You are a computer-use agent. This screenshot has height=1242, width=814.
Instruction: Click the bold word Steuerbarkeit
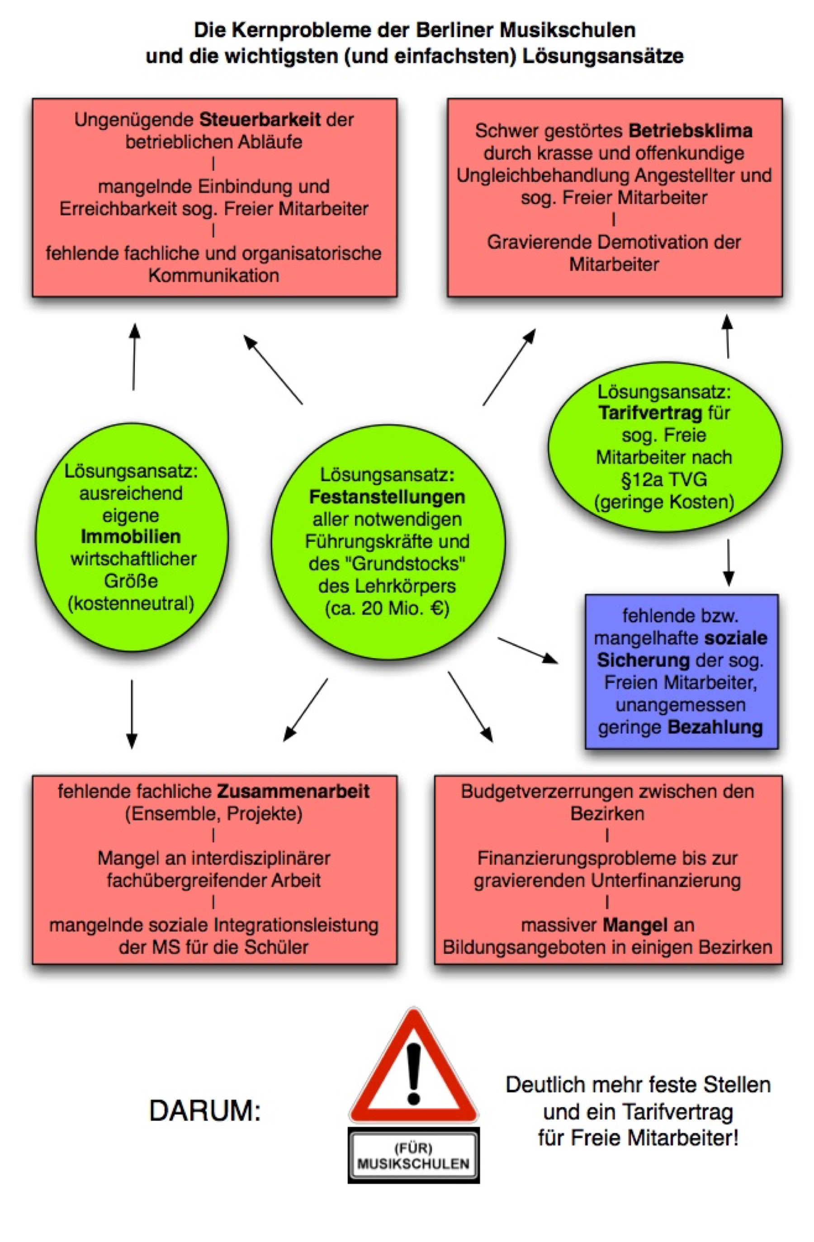[260, 119]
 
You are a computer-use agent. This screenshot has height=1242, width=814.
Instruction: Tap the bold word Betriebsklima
[690, 130]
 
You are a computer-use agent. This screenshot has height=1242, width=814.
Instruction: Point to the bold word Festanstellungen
[387, 497]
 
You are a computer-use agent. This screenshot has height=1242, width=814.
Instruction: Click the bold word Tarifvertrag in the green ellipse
[650, 413]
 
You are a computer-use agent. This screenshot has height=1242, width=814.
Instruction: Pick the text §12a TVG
[664, 479]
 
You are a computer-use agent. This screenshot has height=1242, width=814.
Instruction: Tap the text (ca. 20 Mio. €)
[387, 608]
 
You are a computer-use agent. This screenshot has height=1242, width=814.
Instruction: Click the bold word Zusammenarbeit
[293, 791]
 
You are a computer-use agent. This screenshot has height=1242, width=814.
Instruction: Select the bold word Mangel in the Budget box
[635, 925]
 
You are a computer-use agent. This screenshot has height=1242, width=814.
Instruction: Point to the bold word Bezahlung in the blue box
[715, 727]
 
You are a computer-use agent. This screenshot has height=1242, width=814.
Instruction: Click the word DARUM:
[204, 1110]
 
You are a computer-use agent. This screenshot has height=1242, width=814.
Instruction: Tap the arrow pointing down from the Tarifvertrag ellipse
[729, 563]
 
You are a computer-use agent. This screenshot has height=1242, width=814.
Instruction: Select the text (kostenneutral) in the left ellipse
[131, 604]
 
